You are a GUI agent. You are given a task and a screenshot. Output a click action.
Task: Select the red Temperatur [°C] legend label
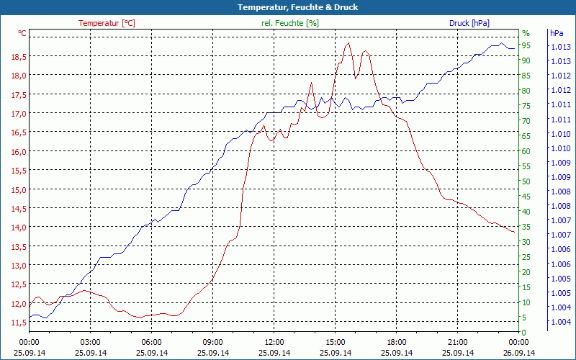(107, 23)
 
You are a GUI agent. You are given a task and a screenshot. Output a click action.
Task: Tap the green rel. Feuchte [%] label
(290, 23)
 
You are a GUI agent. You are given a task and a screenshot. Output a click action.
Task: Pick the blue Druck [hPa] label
(469, 23)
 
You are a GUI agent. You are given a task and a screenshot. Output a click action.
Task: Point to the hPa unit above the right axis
(556, 33)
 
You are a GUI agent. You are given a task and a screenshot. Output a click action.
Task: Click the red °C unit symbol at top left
(22, 33)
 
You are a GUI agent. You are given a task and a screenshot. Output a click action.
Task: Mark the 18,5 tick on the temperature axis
(19, 57)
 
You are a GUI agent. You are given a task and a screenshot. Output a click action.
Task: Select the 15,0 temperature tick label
(19, 190)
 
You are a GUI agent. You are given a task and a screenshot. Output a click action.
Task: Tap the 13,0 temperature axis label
(19, 266)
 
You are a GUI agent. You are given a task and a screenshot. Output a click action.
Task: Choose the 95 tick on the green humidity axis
(526, 46)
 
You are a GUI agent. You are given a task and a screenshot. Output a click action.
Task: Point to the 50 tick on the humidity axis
(526, 181)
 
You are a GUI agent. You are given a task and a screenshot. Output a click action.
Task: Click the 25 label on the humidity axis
(526, 257)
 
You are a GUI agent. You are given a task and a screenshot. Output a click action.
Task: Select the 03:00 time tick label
(90, 342)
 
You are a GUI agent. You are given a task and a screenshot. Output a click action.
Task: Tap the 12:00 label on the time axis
(274, 342)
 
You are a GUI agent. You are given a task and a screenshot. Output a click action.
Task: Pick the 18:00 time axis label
(396, 342)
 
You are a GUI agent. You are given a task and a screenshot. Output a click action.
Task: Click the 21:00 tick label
(457, 342)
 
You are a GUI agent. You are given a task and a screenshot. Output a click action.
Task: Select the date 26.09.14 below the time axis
(518, 353)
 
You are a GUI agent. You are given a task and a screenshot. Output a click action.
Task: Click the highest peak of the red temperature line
(348, 43)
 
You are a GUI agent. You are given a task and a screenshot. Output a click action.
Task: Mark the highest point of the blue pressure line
(501, 43)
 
